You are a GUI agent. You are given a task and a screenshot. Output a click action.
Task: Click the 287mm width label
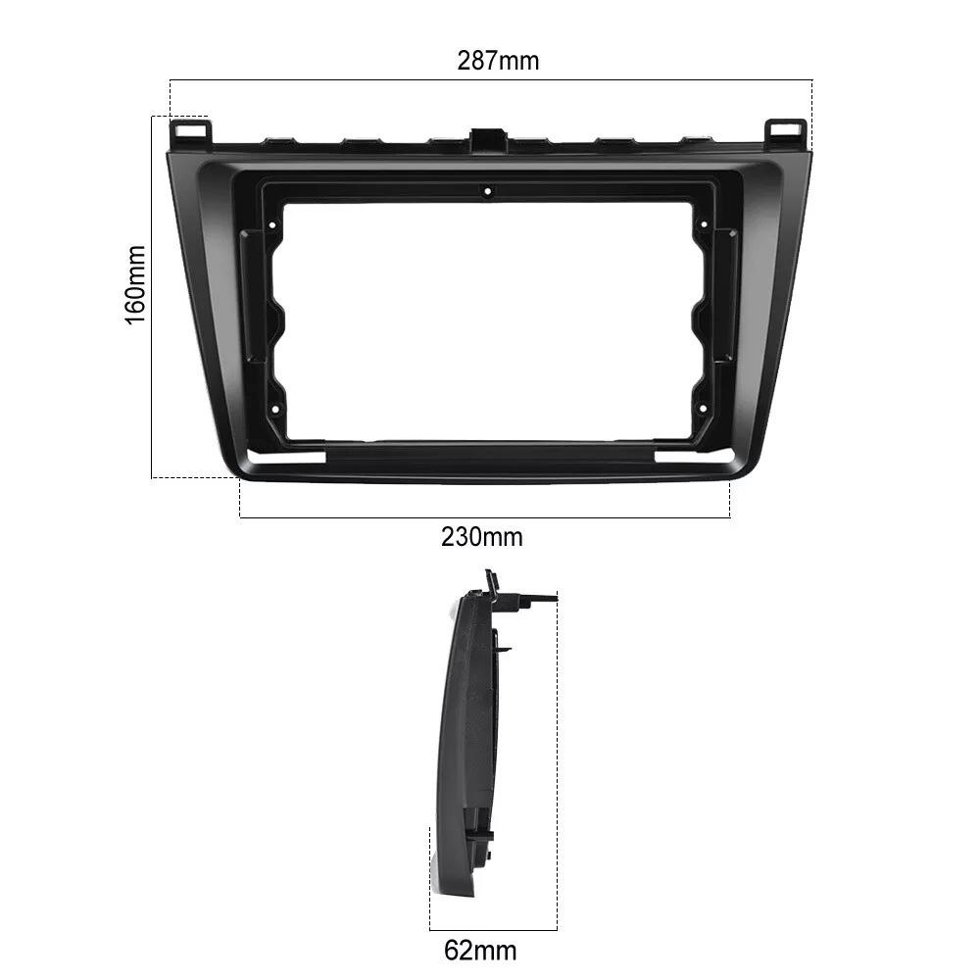(498, 61)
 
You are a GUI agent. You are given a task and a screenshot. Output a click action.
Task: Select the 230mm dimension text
(481, 537)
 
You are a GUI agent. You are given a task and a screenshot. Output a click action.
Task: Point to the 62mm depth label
(479, 950)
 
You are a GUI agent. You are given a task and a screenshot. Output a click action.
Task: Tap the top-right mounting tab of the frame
(786, 131)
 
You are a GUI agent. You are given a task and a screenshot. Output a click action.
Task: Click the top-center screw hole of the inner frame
(487, 192)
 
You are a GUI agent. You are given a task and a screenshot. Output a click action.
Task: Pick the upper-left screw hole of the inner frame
(272, 226)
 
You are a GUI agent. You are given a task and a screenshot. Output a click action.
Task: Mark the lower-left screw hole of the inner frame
(273, 408)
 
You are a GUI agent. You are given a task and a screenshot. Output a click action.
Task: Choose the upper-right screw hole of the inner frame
(702, 226)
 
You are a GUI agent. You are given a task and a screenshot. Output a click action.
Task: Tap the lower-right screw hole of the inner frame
(702, 408)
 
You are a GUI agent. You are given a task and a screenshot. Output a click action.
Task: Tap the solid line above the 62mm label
(493, 930)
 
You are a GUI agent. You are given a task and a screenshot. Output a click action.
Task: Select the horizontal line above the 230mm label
(485, 517)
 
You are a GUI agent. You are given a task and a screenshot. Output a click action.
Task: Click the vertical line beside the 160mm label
(152, 294)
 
